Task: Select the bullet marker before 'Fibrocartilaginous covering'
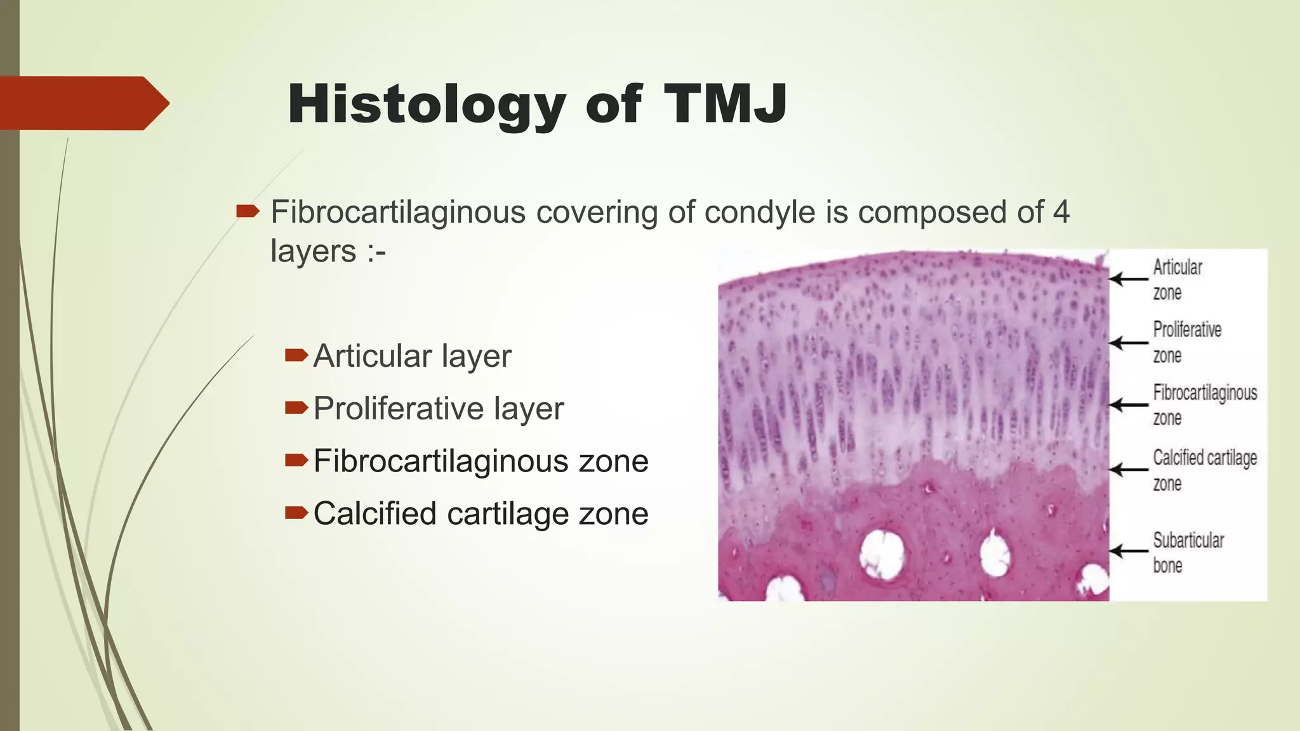pyautogui.click(x=248, y=211)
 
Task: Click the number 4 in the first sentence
pyautogui.click(x=1061, y=212)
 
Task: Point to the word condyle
pyautogui.click(x=760, y=212)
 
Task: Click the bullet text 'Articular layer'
pyautogui.click(x=412, y=356)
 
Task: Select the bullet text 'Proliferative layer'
pyautogui.click(x=438, y=409)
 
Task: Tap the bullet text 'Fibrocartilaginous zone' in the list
pyautogui.click(x=481, y=461)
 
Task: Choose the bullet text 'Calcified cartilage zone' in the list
pyautogui.click(x=481, y=514)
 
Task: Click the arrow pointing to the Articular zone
pyautogui.click(x=1129, y=279)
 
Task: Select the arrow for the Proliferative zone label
pyautogui.click(x=1129, y=343)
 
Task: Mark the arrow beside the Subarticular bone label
pyautogui.click(x=1129, y=551)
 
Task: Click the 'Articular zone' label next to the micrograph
pyautogui.click(x=1177, y=279)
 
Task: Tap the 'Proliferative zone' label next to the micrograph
pyautogui.click(x=1186, y=342)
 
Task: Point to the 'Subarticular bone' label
pyautogui.click(x=1188, y=552)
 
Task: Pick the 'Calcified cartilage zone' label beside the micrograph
pyautogui.click(x=1204, y=470)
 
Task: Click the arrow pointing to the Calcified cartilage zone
pyautogui.click(x=1129, y=470)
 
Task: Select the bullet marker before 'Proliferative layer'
pyautogui.click(x=296, y=408)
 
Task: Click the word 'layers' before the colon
pyautogui.click(x=313, y=251)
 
